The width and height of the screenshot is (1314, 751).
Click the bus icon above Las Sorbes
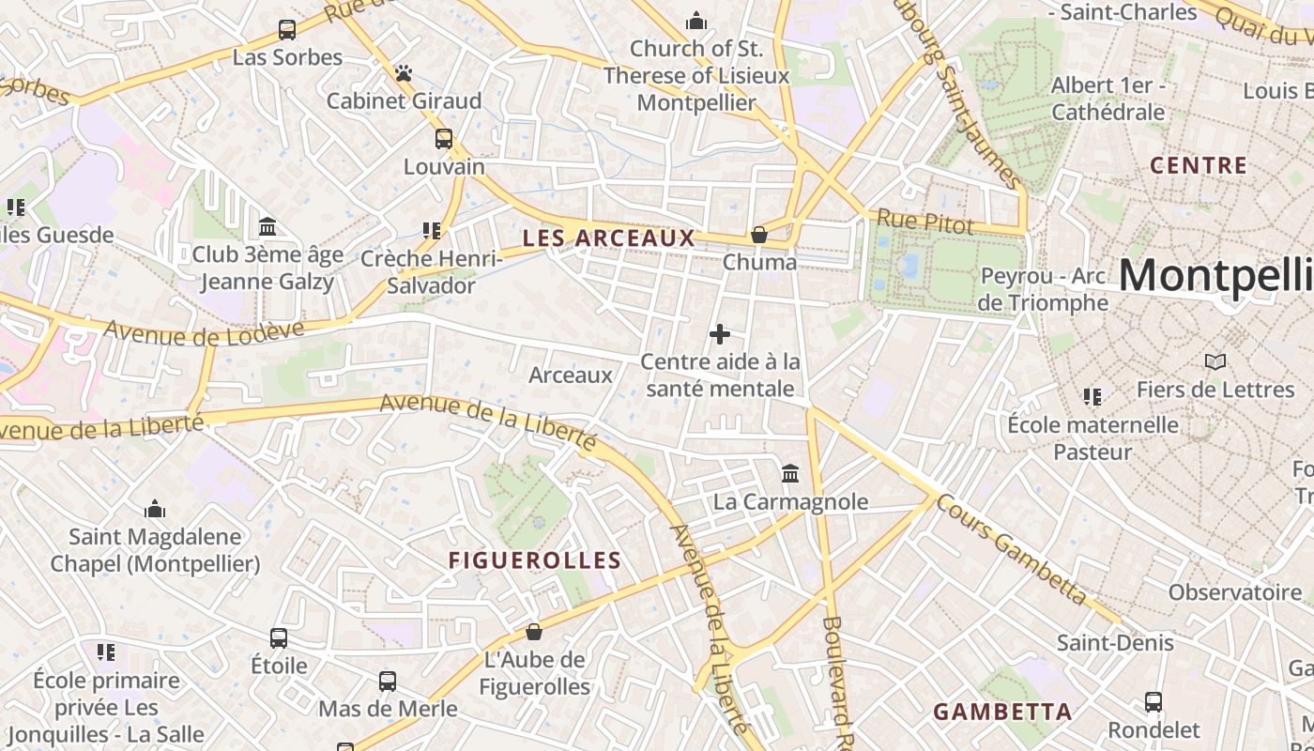(287, 30)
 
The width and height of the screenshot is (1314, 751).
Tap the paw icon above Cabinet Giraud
(404, 73)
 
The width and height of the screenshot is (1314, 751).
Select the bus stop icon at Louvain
(444, 139)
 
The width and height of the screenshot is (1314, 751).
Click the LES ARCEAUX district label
(609, 238)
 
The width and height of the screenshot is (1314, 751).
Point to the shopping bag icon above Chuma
(759, 235)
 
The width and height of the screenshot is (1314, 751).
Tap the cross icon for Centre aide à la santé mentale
(720, 334)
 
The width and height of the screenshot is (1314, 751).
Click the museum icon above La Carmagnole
(790, 474)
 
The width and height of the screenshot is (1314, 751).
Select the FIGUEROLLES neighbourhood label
(535, 561)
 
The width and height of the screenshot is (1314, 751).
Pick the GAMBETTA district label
(1002, 712)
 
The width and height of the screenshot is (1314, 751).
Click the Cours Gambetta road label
(1012, 549)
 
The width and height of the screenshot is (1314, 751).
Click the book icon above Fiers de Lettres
(1215, 361)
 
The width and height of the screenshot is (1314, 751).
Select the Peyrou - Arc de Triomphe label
(1044, 289)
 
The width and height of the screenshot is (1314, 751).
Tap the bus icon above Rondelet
(1154, 702)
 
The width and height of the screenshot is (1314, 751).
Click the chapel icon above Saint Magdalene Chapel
(155, 510)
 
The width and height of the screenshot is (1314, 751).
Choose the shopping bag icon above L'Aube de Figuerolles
(534, 632)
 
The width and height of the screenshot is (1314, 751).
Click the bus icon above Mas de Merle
(388, 682)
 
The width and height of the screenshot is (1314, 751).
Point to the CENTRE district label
(1199, 166)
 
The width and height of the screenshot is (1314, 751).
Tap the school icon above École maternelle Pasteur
(1092, 397)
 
